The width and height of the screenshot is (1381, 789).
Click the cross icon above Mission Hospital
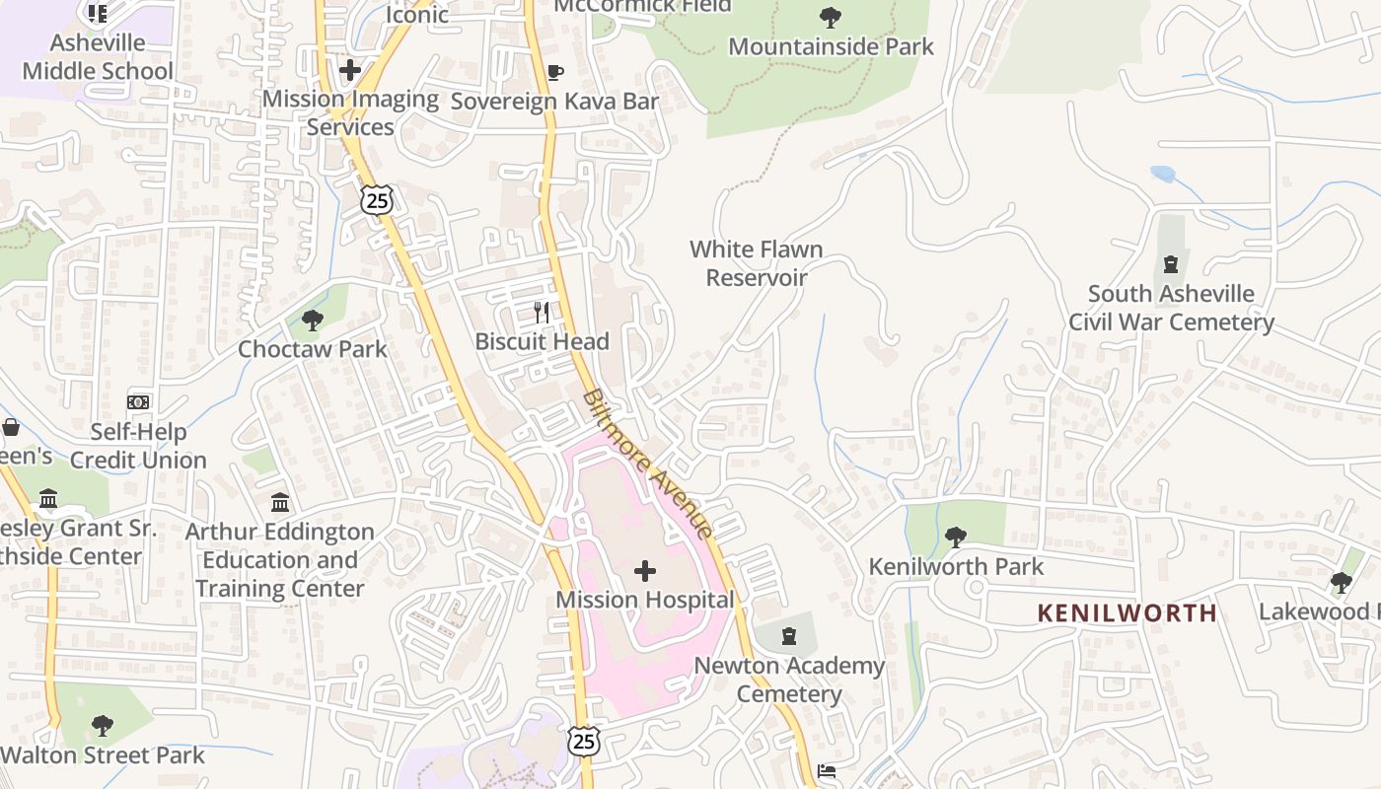click(644, 571)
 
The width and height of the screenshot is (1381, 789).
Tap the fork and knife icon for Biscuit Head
click(542, 313)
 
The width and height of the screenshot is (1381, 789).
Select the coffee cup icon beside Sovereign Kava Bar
click(554, 72)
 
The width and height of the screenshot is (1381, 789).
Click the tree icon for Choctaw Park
click(313, 320)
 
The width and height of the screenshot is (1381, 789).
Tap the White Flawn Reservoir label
click(757, 263)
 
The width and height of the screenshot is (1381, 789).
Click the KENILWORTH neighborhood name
click(1127, 612)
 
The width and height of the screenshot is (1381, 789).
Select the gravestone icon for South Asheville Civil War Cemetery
click(1171, 264)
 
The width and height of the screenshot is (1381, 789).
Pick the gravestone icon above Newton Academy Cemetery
click(789, 636)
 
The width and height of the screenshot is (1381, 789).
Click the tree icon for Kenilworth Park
click(955, 538)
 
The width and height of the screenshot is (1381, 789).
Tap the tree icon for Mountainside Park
click(831, 17)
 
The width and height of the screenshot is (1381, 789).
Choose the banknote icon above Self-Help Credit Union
click(138, 402)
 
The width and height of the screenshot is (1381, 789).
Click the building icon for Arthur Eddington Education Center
click(280, 503)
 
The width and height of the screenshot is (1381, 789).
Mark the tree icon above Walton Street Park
click(102, 727)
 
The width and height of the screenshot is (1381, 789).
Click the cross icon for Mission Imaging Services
click(349, 70)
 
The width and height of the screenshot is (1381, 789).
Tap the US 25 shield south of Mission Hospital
click(584, 741)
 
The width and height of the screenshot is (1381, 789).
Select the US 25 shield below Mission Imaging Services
click(377, 200)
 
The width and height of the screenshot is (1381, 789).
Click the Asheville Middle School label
click(97, 56)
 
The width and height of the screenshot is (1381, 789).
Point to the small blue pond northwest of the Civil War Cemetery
click(1163, 174)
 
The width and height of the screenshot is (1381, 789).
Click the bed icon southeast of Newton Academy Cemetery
click(827, 771)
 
